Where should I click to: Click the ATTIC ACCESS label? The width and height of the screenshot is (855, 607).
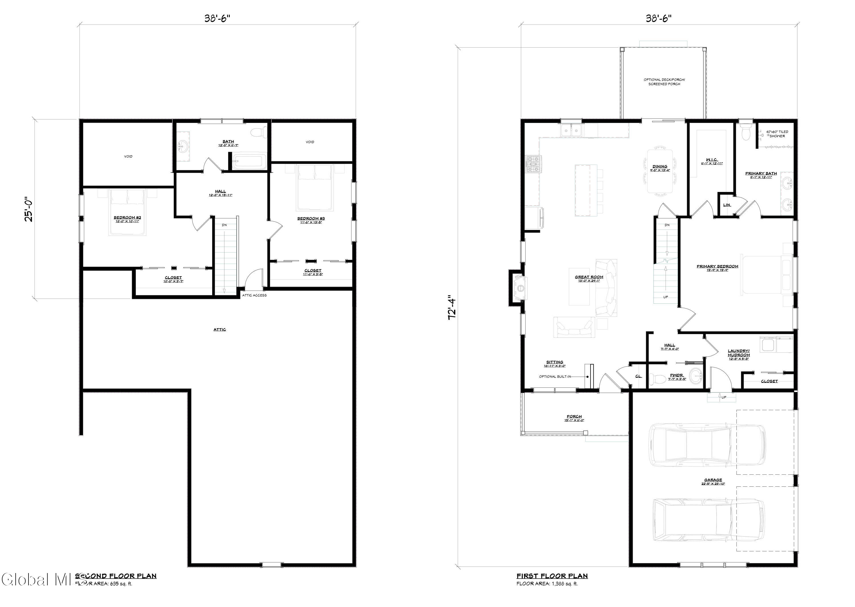(255, 295)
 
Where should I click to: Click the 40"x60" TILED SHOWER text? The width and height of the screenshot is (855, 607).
(777, 134)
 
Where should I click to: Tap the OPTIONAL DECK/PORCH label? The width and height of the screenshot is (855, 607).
(664, 82)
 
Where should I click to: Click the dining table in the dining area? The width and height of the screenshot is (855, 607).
(660, 171)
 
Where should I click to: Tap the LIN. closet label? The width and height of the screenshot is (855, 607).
(726, 205)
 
